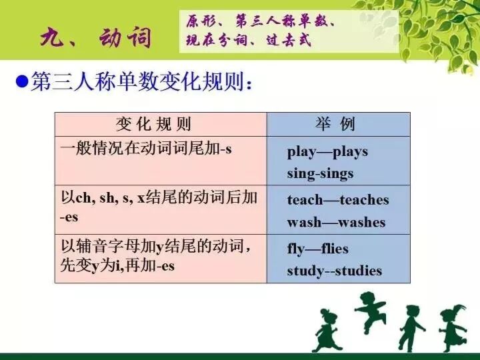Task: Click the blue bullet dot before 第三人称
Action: click(21, 83)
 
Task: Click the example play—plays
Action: click(327, 151)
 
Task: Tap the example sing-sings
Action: click(320, 173)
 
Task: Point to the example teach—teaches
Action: click(337, 200)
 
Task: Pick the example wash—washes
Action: click(336, 222)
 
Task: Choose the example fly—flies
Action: click(317, 249)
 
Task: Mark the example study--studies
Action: click(334, 271)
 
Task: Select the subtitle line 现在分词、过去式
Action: click(249, 41)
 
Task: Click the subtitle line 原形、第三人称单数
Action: click(260, 21)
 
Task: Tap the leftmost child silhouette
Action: click(327, 330)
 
